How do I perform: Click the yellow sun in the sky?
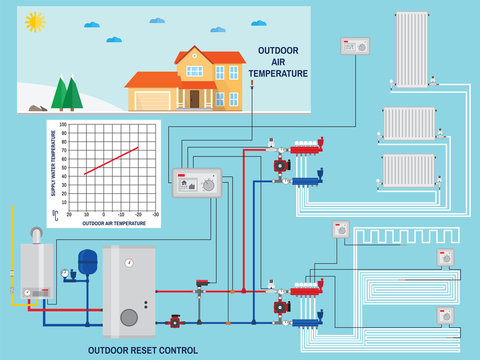click(36, 21)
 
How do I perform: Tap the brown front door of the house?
click(195, 99)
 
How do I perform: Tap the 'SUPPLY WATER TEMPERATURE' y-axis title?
click(53, 166)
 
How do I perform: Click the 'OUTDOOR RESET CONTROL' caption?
click(142, 350)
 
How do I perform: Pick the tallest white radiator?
click(412, 49)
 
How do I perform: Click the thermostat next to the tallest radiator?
click(355, 46)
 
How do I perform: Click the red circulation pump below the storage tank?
click(176, 322)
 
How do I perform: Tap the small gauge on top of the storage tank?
click(128, 262)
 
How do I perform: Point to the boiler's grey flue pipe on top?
click(35, 234)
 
